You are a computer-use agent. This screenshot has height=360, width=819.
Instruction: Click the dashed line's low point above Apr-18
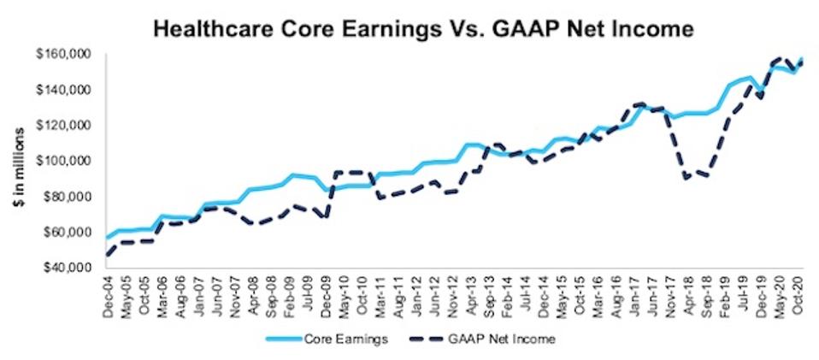pyautogui.click(x=686, y=179)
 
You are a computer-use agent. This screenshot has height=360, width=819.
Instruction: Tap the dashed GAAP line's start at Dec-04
pyautogui.click(x=106, y=255)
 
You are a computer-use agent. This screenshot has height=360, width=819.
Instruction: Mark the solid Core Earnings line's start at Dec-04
pyautogui.click(x=106, y=238)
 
